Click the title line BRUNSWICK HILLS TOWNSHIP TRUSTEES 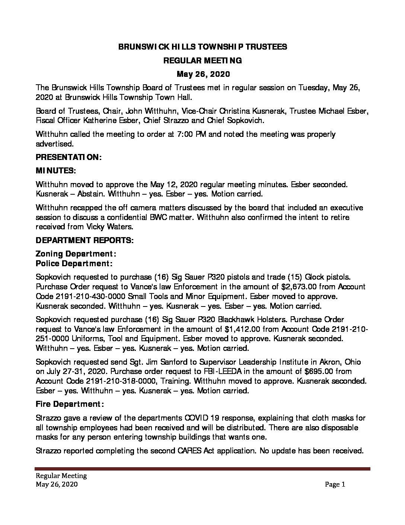[202, 47]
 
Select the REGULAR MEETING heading [202, 60]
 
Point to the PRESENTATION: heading [68, 157]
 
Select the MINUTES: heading [55, 171]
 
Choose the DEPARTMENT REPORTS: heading [84, 241]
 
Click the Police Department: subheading [74, 264]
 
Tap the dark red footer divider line [202, 469]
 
